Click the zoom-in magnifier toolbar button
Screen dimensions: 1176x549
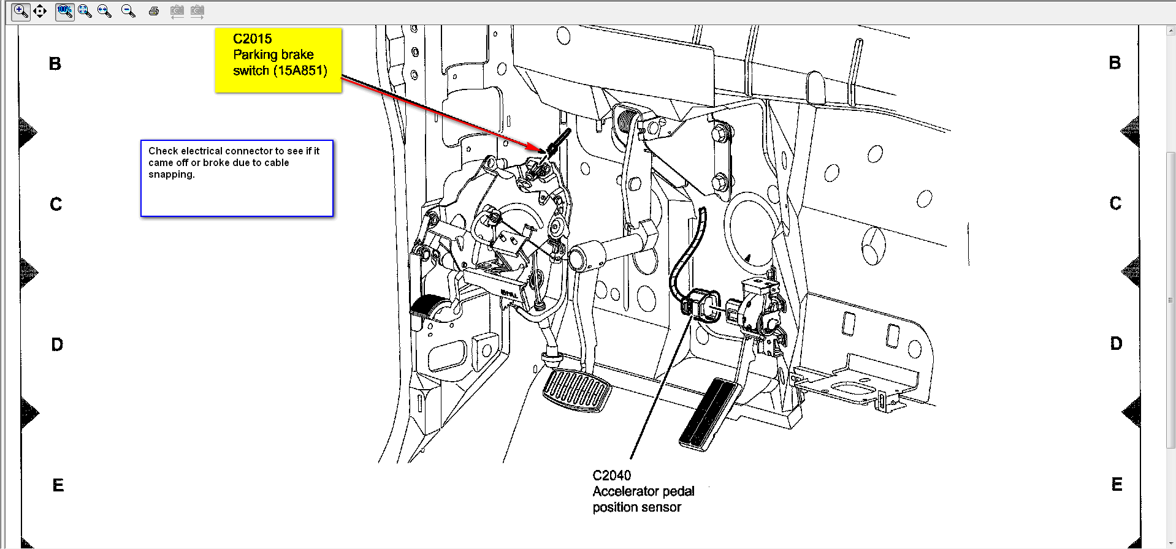(x=21, y=11)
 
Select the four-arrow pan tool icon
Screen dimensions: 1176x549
(x=40, y=11)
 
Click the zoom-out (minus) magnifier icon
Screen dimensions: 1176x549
(x=128, y=11)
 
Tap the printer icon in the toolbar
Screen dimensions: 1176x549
(x=153, y=11)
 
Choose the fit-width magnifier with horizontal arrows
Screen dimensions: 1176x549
(x=104, y=11)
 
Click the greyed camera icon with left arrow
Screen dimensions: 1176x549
(x=177, y=11)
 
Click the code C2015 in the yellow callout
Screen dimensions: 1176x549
(x=252, y=39)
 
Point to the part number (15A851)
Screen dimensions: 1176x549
(x=301, y=70)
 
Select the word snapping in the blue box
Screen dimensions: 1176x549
(x=172, y=175)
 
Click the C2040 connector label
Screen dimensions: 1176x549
(x=611, y=475)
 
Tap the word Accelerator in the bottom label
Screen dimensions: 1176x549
(x=626, y=491)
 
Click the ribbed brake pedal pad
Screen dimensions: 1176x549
(x=577, y=390)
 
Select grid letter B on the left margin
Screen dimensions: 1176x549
(x=55, y=64)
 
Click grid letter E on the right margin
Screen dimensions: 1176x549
(x=1117, y=485)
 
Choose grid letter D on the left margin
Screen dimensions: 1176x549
(x=57, y=344)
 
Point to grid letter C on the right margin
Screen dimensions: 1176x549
(x=1115, y=203)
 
